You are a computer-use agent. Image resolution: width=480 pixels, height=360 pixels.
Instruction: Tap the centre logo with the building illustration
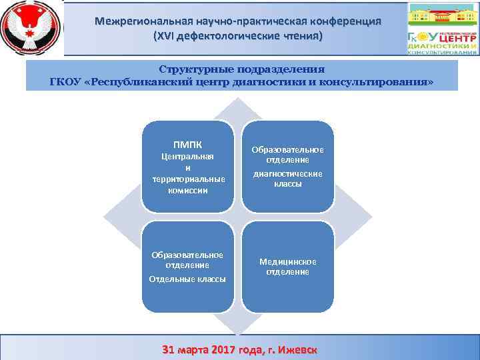443,28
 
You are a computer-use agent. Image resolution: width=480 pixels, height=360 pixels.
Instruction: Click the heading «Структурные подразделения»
241,69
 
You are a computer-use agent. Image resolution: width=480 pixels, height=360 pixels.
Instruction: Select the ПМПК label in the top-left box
187,144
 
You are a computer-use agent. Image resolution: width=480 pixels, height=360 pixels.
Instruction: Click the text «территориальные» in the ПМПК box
187,179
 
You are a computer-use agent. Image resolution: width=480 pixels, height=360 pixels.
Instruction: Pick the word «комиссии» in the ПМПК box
187,190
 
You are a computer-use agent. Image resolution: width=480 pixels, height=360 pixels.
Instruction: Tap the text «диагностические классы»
287,178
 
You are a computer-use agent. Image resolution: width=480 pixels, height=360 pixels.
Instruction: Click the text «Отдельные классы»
187,279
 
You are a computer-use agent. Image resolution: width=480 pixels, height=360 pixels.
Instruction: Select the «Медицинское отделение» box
287,267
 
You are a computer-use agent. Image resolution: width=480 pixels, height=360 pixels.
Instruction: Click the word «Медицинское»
287,261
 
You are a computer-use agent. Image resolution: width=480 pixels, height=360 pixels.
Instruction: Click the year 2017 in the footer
223,350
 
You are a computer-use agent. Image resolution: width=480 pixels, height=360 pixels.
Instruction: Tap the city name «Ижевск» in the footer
297,350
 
